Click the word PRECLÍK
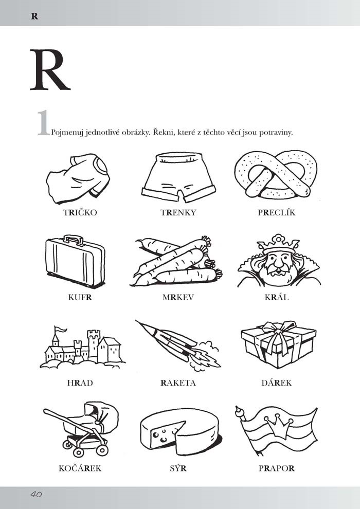(x=277, y=213)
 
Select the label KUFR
(x=80, y=297)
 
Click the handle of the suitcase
(x=74, y=240)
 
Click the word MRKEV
(x=178, y=297)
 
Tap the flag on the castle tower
(x=60, y=330)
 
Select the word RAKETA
(x=178, y=383)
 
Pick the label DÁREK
(x=277, y=383)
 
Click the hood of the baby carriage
(x=101, y=414)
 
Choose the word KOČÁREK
(x=80, y=468)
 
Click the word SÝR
(x=178, y=468)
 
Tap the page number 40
(x=37, y=495)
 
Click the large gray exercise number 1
(x=44, y=123)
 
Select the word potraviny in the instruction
(x=276, y=133)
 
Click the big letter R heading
(x=50, y=70)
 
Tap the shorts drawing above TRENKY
(x=178, y=177)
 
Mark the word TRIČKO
(x=80, y=213)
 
